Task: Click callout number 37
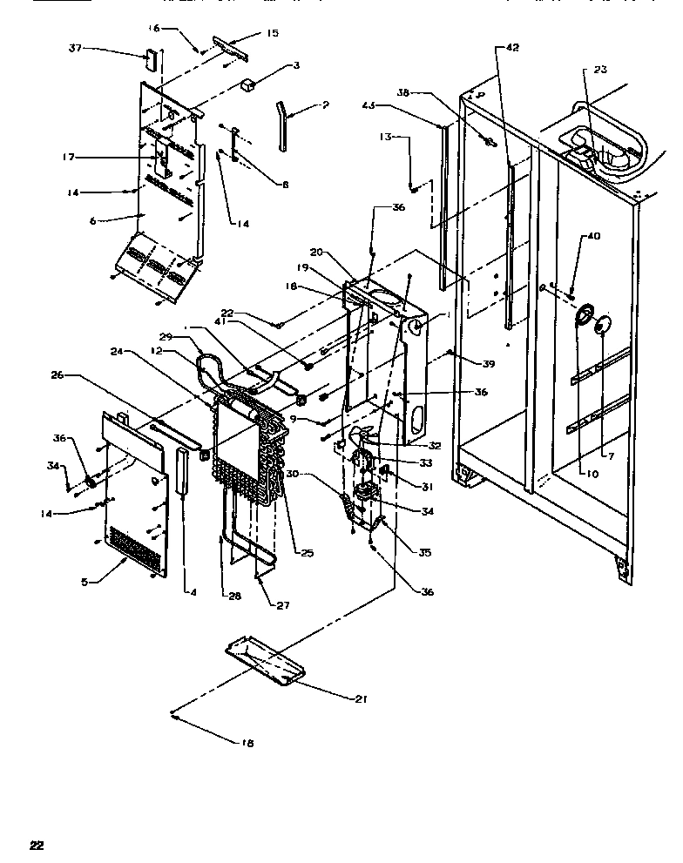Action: (75, 48)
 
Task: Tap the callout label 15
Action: (273, 33)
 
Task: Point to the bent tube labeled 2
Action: (283, 125)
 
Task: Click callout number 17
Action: (67, 157)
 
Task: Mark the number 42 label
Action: (511, 47)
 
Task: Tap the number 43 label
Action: (369, 106)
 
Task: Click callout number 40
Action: (593, 236)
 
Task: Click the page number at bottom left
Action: (36, 845)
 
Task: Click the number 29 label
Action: (165, 336)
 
